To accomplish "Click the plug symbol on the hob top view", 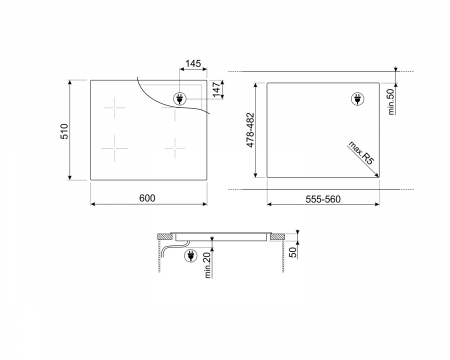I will pyautogui.click(x=180, y=99).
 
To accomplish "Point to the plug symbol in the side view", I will pyautogui.click(x=192, y=257).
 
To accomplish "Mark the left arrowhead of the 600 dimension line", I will pyautogui.click(x=93, y=204).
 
